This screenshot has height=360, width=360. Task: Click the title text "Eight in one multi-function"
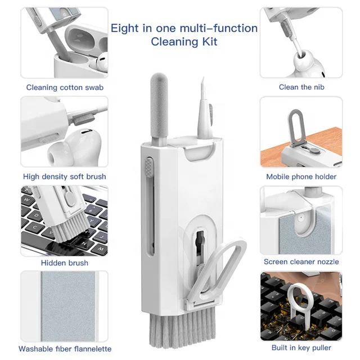tap(184, 28)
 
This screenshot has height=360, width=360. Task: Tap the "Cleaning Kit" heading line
tap(184, 42)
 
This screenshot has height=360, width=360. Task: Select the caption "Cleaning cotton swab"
tap(65, 87)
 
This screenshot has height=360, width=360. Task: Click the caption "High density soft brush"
tap(65, 176)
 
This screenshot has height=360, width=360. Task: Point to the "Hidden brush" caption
tap(65, 263)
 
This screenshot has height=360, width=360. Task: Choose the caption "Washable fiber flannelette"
tap(65, 349)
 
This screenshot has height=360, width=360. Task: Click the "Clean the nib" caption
tap(301, 87)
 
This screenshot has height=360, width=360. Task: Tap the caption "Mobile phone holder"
tap(301, 176)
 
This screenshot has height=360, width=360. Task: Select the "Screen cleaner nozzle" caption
tap(301, 262)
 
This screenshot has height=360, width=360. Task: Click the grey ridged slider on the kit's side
tap(148, 169)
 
